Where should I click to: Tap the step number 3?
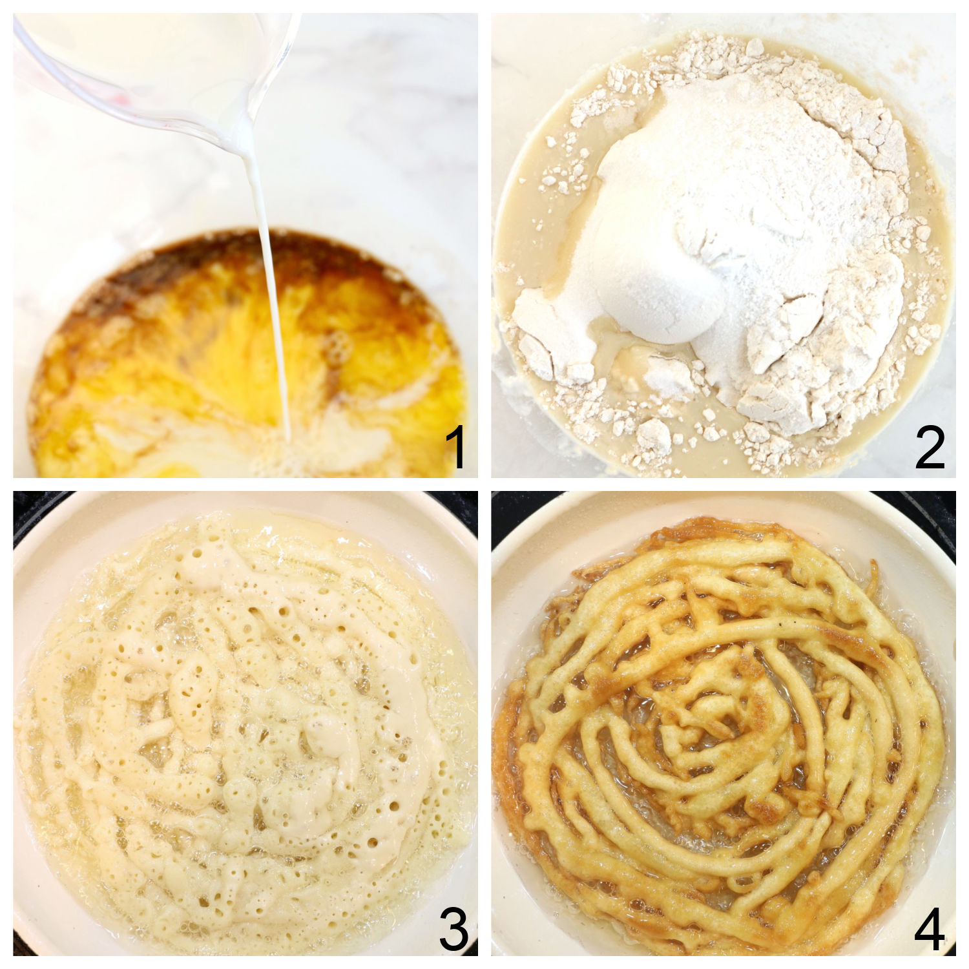point(453,928)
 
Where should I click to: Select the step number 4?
point(930,928)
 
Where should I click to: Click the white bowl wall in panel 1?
point(388,161)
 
